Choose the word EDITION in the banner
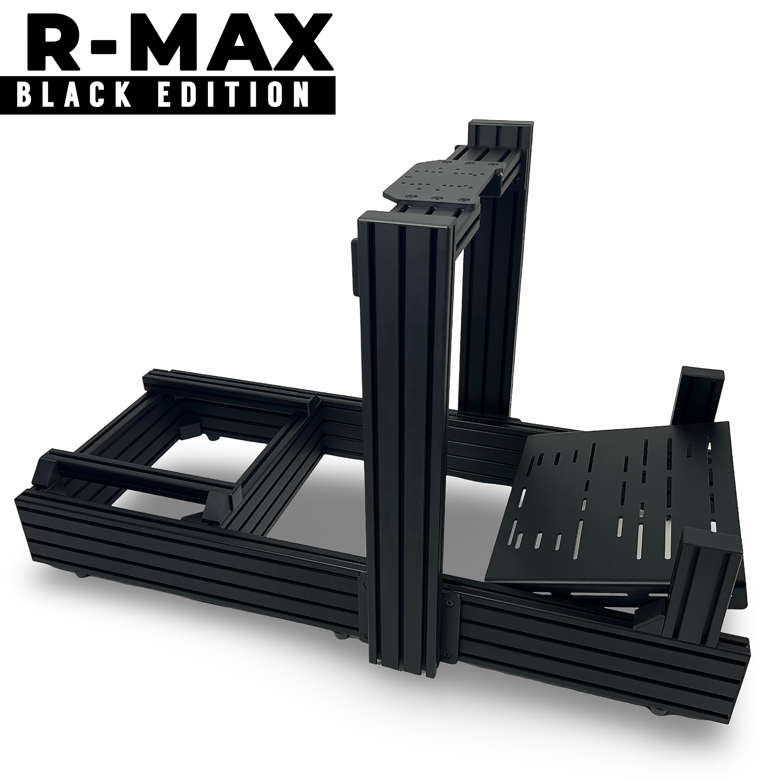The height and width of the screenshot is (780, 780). (230, 95)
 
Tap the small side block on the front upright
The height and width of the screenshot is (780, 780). (354, 266)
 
